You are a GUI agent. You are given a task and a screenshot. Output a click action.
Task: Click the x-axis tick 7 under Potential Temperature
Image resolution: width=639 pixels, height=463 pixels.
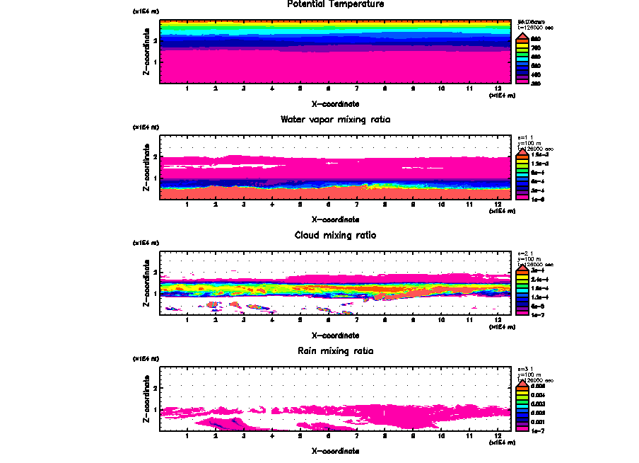(x=356, y=89)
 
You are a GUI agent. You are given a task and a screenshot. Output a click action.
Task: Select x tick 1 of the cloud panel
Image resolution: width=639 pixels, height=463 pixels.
(x=187, y=321)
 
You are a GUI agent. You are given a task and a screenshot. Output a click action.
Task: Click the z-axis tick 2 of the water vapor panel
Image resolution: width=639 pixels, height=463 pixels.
(x=154, y=156)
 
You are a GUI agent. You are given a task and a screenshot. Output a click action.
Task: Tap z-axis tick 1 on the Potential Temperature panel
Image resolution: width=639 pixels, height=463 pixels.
(x=154, y=62)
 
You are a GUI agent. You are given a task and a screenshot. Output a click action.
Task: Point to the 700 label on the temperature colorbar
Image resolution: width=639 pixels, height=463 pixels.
(x=536, y=47)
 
